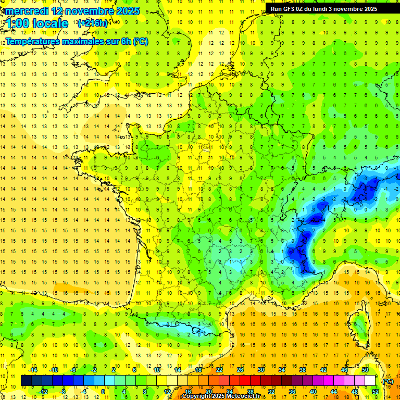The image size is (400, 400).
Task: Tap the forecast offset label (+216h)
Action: pyautogui.click(x=93, y=23)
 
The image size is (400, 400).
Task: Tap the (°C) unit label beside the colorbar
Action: pyautogui.click(x=388, y=381)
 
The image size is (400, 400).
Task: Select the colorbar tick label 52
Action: pyautogui.click(x=376, y=392)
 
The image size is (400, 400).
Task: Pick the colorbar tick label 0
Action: pyautogui.click(x=103, y=392)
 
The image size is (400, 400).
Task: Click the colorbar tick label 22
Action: pyautogui.click(x=219, y=370)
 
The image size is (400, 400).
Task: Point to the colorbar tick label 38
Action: pyautogui.click(x=303, y=370)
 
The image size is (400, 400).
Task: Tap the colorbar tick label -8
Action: pyautogui.click(x=63, y=392)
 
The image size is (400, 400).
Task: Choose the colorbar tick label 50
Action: pyautogui.click(x=365, y=370)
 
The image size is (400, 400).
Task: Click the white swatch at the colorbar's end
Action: pyautogui.click(x=370, y=381)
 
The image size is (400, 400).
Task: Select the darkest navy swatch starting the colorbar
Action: pyautogui.click(x=26, y=381)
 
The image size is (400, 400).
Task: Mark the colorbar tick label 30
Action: pyautogui.click(x=261, y=370)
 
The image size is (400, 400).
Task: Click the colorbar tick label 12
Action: pyautogui.click(x=167, y=392)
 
